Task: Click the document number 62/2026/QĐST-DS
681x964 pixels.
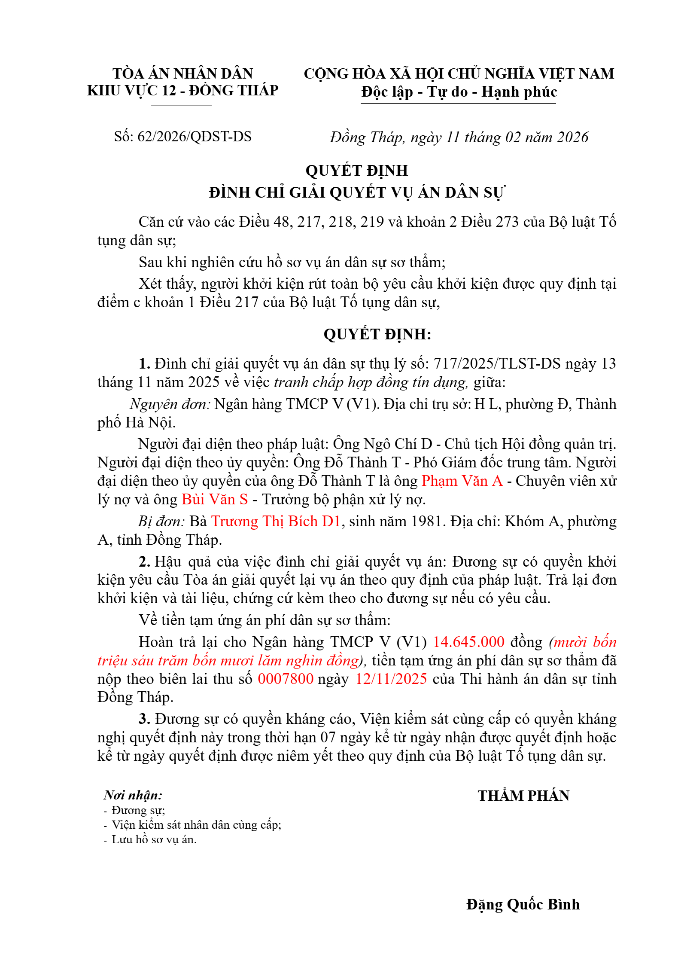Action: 194,137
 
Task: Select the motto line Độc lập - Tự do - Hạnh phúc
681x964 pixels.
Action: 459,92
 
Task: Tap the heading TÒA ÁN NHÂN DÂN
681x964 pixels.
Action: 183,73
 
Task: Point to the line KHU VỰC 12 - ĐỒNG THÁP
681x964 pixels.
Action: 183,91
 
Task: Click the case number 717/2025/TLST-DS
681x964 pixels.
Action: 497,364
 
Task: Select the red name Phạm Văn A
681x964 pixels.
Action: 462,481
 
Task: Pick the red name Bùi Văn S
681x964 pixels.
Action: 215,499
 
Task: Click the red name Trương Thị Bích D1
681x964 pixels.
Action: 276,521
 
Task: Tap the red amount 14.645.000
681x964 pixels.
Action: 468,642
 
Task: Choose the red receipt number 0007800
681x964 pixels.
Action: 286,679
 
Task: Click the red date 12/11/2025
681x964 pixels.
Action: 391,679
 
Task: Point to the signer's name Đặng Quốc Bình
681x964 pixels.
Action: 523,904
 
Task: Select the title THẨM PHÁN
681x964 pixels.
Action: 523,796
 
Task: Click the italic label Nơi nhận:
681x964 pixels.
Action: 133,795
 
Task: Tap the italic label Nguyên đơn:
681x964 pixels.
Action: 170,404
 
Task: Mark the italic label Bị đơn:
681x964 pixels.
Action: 161,521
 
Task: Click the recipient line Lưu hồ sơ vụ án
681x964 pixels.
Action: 154,839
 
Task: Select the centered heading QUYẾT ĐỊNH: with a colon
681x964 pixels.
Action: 377,334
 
